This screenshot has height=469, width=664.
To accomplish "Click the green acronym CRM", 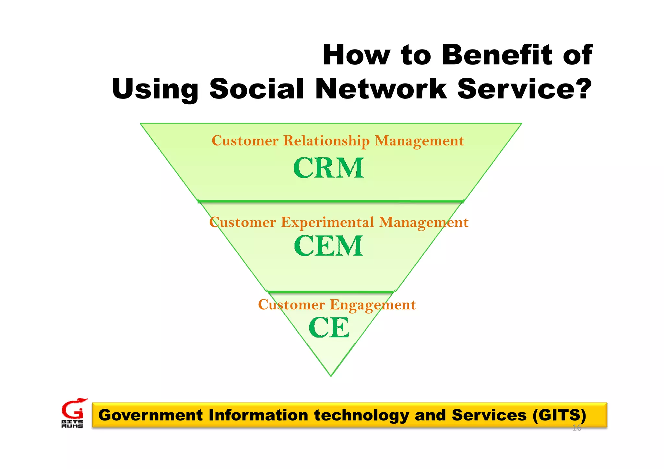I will click(x=329, y=168).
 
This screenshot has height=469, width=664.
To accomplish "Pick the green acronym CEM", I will click(x=329, y=246).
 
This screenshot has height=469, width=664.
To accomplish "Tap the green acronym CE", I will click(x=329, y=328).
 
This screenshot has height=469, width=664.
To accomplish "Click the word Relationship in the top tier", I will click(x=326, y=141).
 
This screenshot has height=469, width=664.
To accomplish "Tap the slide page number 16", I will click(x=577, y=428).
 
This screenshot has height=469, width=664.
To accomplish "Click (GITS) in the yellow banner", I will click(x=559, y=415).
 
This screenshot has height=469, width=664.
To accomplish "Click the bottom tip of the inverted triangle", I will click(x=331, y=375).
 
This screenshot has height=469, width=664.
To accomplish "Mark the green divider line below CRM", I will click(x=331, y=201).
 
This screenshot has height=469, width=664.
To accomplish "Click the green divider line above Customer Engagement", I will click(x=330, y=292).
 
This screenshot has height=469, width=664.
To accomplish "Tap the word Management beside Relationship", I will click(x=419, y=141).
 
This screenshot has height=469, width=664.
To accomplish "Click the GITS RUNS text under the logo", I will click(x=72, y=424).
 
